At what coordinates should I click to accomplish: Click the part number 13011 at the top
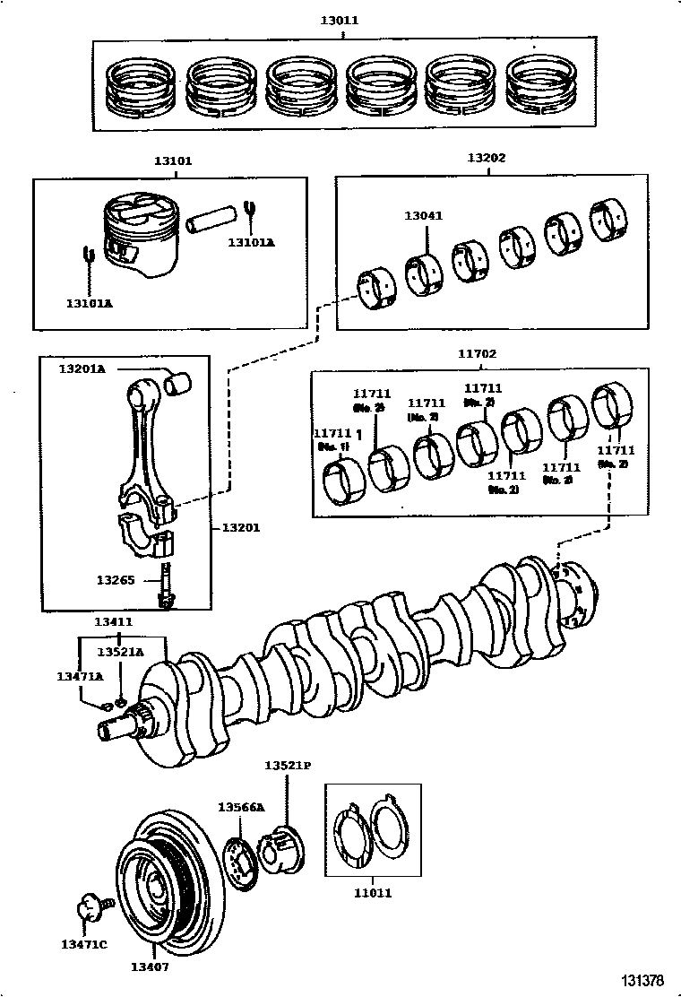click(x=343, y=19)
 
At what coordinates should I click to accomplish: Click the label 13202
click(x=487, y=158)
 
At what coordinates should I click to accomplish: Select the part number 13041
click(x=424, y=216)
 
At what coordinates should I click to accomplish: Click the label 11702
click(x=477, y=354)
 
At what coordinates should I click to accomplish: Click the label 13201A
click(x=82, y=368)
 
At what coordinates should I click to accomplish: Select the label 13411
click(x=114, y=621)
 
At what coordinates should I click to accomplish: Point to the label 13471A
click(x=80, y=677)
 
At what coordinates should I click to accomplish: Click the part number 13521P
click(x=287, y=766)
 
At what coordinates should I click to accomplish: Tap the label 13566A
click(x=241, y=807)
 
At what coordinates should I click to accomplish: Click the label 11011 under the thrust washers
click(x=372, y=893)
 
